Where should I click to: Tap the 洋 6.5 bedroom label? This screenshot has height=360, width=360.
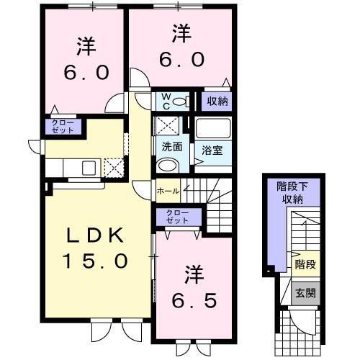pyautogui.click(x=192, y=287)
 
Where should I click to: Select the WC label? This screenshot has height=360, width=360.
pyautogui.click(x=163, y=100)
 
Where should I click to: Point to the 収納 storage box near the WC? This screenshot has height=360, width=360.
pyautogui.click(x=215, y=101)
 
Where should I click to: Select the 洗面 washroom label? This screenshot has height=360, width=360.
pyautogui.click(x=171, y=146)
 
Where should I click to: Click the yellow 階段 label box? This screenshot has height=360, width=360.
pyautogui.click(x=305, y=266)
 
